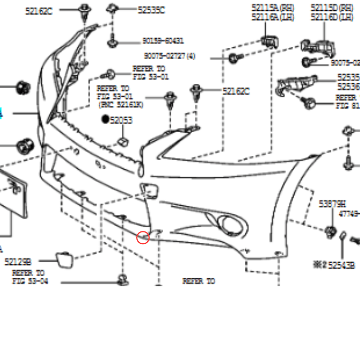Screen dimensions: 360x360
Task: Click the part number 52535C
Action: pyautogui.click(x=151, y=10)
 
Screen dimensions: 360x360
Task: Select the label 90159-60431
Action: pyautogui.click(x=163, y=41)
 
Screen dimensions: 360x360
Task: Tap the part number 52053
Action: pyautogui.click(x=121, y=120)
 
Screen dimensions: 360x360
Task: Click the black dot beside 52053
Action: pyautogui.click(x=105, y=120)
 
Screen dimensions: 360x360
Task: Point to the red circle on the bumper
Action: pyautogui.click(x=143, y=237)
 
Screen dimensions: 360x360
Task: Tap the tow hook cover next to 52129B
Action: pyautogui.click(x=64, y=259)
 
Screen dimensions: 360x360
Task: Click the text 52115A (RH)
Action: pyautogui.click(x=272, y=7)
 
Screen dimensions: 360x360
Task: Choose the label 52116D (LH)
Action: pyautogui.click(x=332, y=17)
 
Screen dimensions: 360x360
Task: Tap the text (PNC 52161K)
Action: pyautogui.click(x=121, y=104)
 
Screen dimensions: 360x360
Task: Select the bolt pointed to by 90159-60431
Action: pyautogui.click(x=112, y=41)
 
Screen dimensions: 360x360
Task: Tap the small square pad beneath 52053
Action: pyautogui.click(x=123, y=140)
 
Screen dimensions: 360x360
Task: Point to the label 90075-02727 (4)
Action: pyautogui.click(x=170, y=56)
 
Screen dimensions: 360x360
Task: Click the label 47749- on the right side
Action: pyautogui.click(x=350, y=213)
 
